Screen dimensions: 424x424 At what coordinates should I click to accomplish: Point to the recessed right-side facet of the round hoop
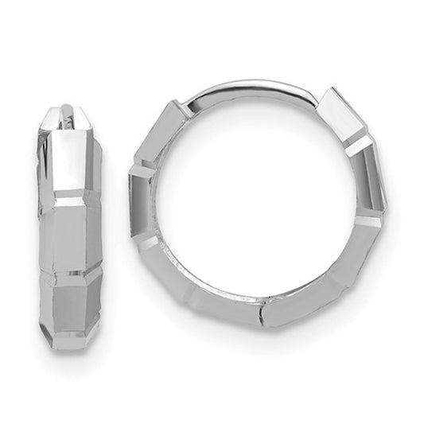(373, 179)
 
